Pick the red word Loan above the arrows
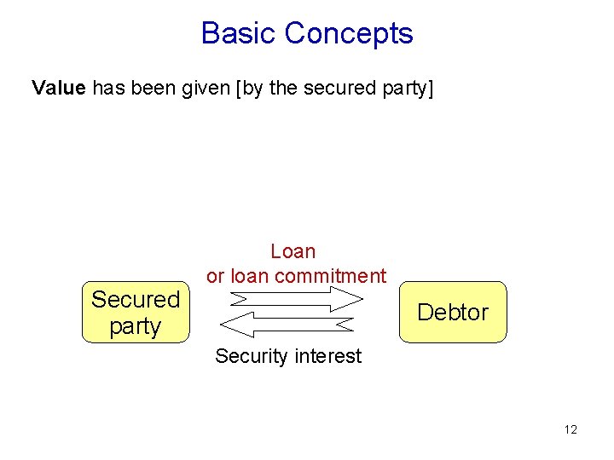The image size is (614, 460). (293, 251)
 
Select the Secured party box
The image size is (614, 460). (136, 312)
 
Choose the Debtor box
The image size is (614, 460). (452, 312)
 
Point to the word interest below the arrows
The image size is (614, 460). (327, 356)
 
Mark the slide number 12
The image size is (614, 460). (571, 429)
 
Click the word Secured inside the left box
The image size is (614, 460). (136, 299)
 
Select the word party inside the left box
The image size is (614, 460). (136, 326)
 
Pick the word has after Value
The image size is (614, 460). (108, 88)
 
